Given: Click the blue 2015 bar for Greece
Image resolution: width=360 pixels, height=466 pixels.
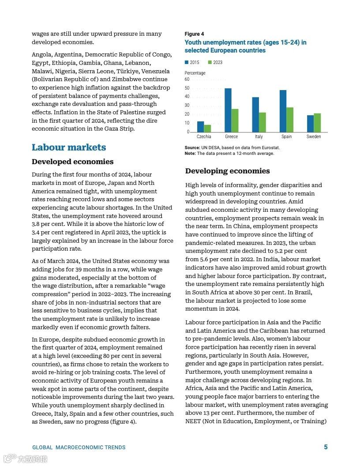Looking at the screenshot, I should coord(228,110).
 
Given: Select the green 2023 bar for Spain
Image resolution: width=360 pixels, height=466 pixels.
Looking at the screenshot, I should coord(290,120).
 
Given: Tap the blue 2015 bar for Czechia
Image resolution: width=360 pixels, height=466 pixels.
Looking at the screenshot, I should coord(201,127).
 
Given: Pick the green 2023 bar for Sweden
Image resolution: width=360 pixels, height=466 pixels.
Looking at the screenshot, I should coord(317,123).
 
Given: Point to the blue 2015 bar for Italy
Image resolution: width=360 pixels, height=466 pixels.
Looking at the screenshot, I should coord(255,115).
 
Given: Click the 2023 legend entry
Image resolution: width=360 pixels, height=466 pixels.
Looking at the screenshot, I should coord(215,62).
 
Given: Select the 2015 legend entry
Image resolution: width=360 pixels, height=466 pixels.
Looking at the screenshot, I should coord(192,62).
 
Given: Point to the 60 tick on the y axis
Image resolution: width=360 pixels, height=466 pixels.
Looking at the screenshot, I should coord(187,79).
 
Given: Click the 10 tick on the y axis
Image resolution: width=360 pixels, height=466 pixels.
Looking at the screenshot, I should coord(187,123).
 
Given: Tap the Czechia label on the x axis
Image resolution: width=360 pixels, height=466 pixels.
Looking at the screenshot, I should coord(204,137).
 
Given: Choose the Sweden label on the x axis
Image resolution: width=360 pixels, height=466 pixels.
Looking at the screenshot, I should coord(314,137).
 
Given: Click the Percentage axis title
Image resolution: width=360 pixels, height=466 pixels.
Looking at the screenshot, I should coord(195,73).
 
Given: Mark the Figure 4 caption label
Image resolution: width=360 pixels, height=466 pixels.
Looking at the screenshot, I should coord(194,34).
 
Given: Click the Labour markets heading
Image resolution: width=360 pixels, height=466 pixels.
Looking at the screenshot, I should coord(69,147).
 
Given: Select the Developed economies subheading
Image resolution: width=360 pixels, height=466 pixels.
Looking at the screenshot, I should coord(72,162).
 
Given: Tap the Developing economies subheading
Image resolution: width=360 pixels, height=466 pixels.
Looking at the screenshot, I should coord(228,171).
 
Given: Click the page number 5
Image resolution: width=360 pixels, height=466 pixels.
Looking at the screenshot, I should coord(326,447).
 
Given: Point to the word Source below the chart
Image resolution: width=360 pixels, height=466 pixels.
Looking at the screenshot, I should coord(192,148).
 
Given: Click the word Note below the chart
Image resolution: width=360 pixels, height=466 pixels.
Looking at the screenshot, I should coord(190,154).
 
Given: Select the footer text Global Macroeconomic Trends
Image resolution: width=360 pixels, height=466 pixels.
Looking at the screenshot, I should coord(79,447).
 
